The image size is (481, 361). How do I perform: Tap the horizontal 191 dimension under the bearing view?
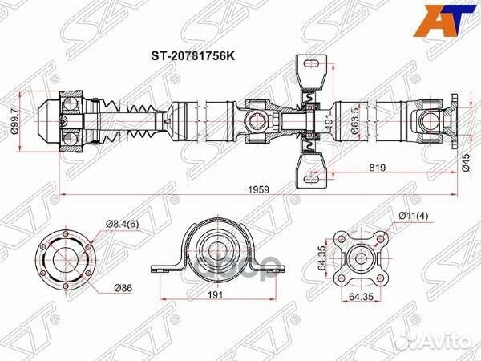click(214, 295)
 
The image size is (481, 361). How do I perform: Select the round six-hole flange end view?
click(68, 263)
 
